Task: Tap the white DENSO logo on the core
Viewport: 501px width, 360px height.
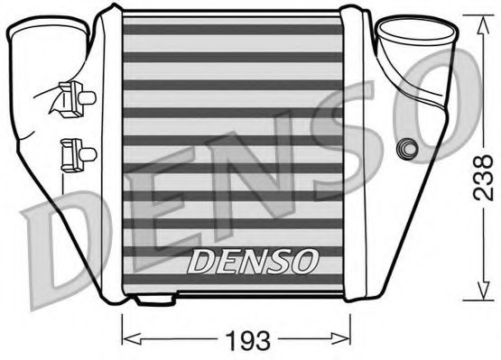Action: pos(254,262)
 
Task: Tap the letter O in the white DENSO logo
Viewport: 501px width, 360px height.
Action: pos(306,262)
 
